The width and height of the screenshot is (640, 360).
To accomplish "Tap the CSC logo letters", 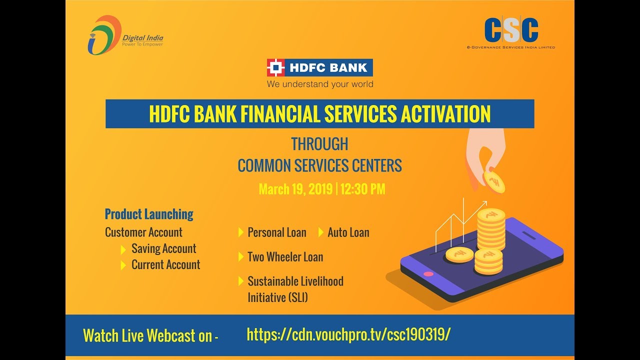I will click(511, 30).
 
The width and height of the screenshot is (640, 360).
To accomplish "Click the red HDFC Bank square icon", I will click(275, 67).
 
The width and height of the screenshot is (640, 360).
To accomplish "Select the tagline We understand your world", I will click(320, 84).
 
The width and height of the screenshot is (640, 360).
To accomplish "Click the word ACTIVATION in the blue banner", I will click(445, 114).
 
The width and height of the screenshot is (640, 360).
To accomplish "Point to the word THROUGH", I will click(319, 144).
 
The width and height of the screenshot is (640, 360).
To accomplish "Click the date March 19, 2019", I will click(295, 189).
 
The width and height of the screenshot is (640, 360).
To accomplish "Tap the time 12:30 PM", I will click(363, 189).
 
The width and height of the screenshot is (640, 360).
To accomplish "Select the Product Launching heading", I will click(149, 214).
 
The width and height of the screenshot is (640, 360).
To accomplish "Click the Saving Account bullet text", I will click(163, 248).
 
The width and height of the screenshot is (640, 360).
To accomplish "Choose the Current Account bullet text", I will click(165, 264).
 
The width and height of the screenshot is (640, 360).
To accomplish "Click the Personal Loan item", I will click(276, 232).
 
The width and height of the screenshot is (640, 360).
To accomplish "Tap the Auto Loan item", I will click(348, 232).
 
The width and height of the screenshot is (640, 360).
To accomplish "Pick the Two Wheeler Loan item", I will click(285, 256).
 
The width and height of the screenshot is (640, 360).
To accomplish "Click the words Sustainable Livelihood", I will click(295, 281).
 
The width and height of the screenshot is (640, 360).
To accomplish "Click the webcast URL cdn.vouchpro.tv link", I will click(348, 334).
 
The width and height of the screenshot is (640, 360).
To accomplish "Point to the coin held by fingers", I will click(494, 182).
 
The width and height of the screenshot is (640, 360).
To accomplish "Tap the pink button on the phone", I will click(428, 274).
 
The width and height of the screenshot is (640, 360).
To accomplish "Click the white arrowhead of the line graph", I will click(484, 203).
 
